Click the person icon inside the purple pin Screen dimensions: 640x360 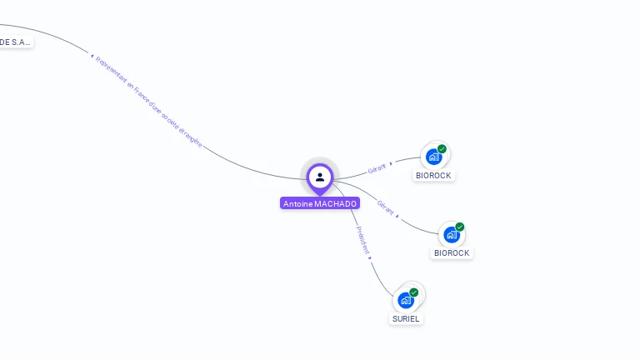coord(320,177)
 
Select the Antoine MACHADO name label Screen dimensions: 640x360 coord(320,203)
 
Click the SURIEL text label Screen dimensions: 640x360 coord(406,318)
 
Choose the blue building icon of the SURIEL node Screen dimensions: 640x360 coord(406,300)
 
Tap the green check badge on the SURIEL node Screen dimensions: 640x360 coord(414,292)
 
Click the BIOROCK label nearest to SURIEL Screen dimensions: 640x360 coord(452,252)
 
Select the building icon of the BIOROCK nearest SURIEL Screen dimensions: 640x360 coord(452,235)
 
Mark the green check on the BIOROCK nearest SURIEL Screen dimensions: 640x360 coord(460,227)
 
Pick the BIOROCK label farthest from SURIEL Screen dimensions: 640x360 coord(434,175)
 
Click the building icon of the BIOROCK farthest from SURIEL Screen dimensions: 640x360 coord(433,157)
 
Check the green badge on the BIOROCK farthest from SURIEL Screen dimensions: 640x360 coord(442,149)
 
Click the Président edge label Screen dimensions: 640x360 coord(363,238)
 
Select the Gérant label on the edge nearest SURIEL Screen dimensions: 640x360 coord(385,205)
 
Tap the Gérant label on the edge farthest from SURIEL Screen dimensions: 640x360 coord(377,168)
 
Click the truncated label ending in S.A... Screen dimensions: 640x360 coord(16,42)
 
